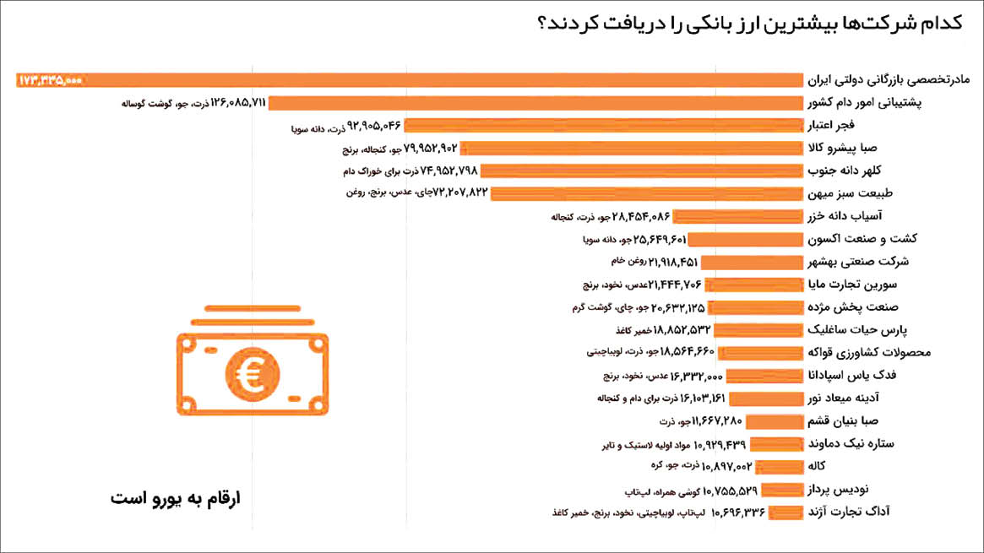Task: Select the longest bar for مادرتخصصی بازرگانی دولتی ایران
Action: pos(422,80)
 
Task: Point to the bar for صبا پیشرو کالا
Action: pos(630,149)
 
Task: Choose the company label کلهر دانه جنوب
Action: pos(869,171)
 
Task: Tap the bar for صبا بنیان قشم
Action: pos(774,421)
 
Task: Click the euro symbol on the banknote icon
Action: pos(252,376)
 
